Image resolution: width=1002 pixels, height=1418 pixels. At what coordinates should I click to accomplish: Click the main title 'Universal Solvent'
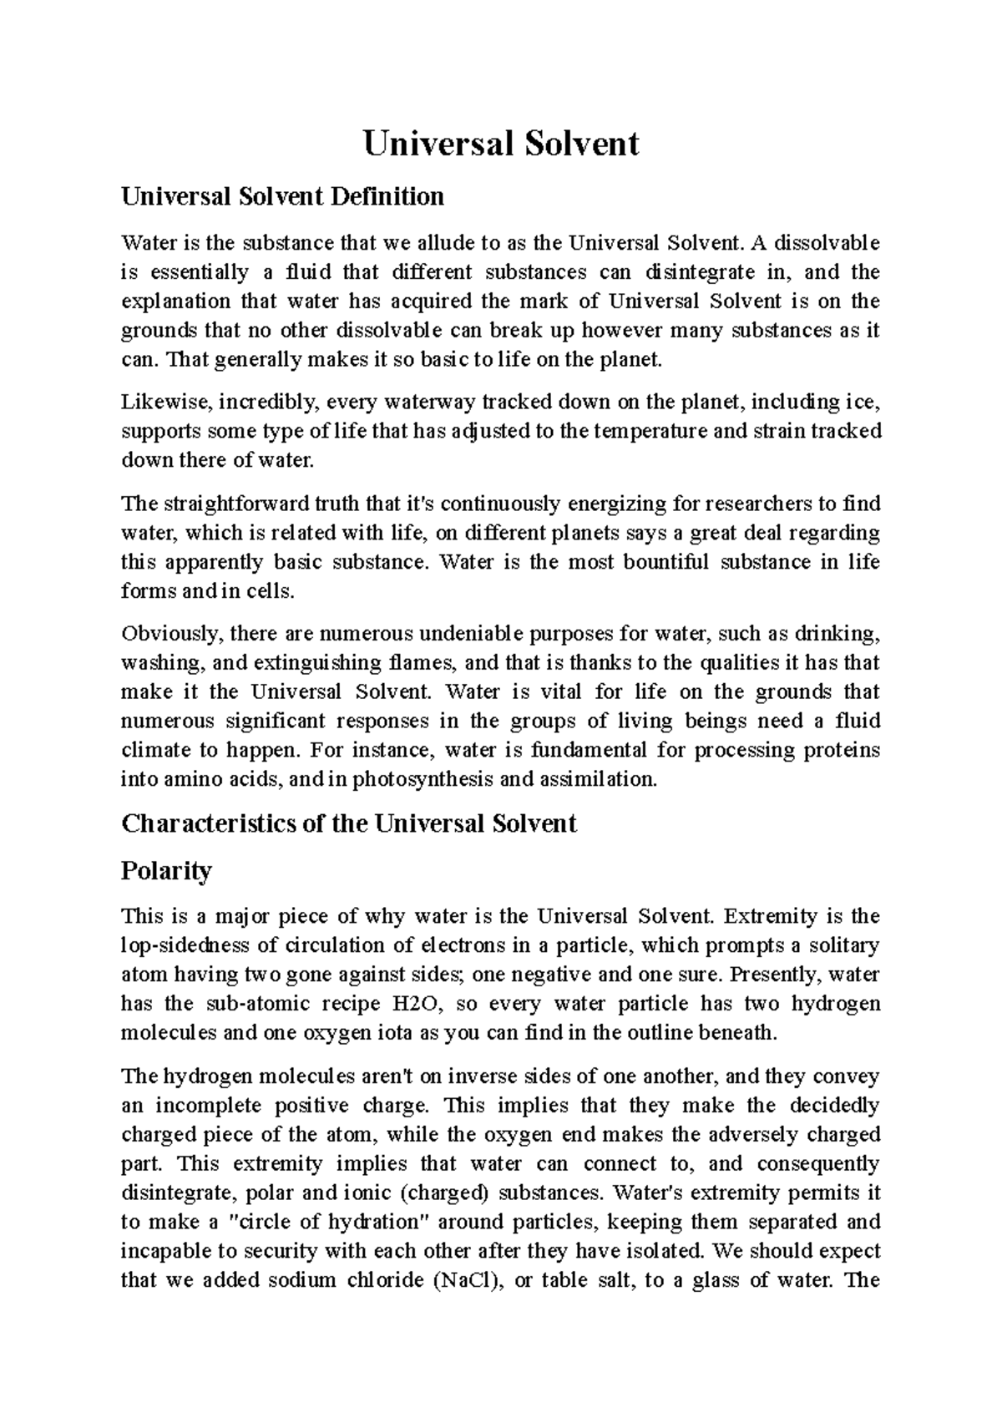[501, 144]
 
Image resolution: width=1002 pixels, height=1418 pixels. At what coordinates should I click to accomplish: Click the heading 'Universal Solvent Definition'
[282, 197]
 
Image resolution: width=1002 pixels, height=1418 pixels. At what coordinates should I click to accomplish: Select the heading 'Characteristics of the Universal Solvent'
[348, 824]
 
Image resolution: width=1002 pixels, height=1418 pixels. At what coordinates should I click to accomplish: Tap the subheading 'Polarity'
[166, 871]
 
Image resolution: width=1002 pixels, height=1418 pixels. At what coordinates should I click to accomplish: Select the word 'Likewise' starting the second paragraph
[156, 403]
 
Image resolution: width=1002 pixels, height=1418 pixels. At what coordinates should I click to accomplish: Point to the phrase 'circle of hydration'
[328, 1223]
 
